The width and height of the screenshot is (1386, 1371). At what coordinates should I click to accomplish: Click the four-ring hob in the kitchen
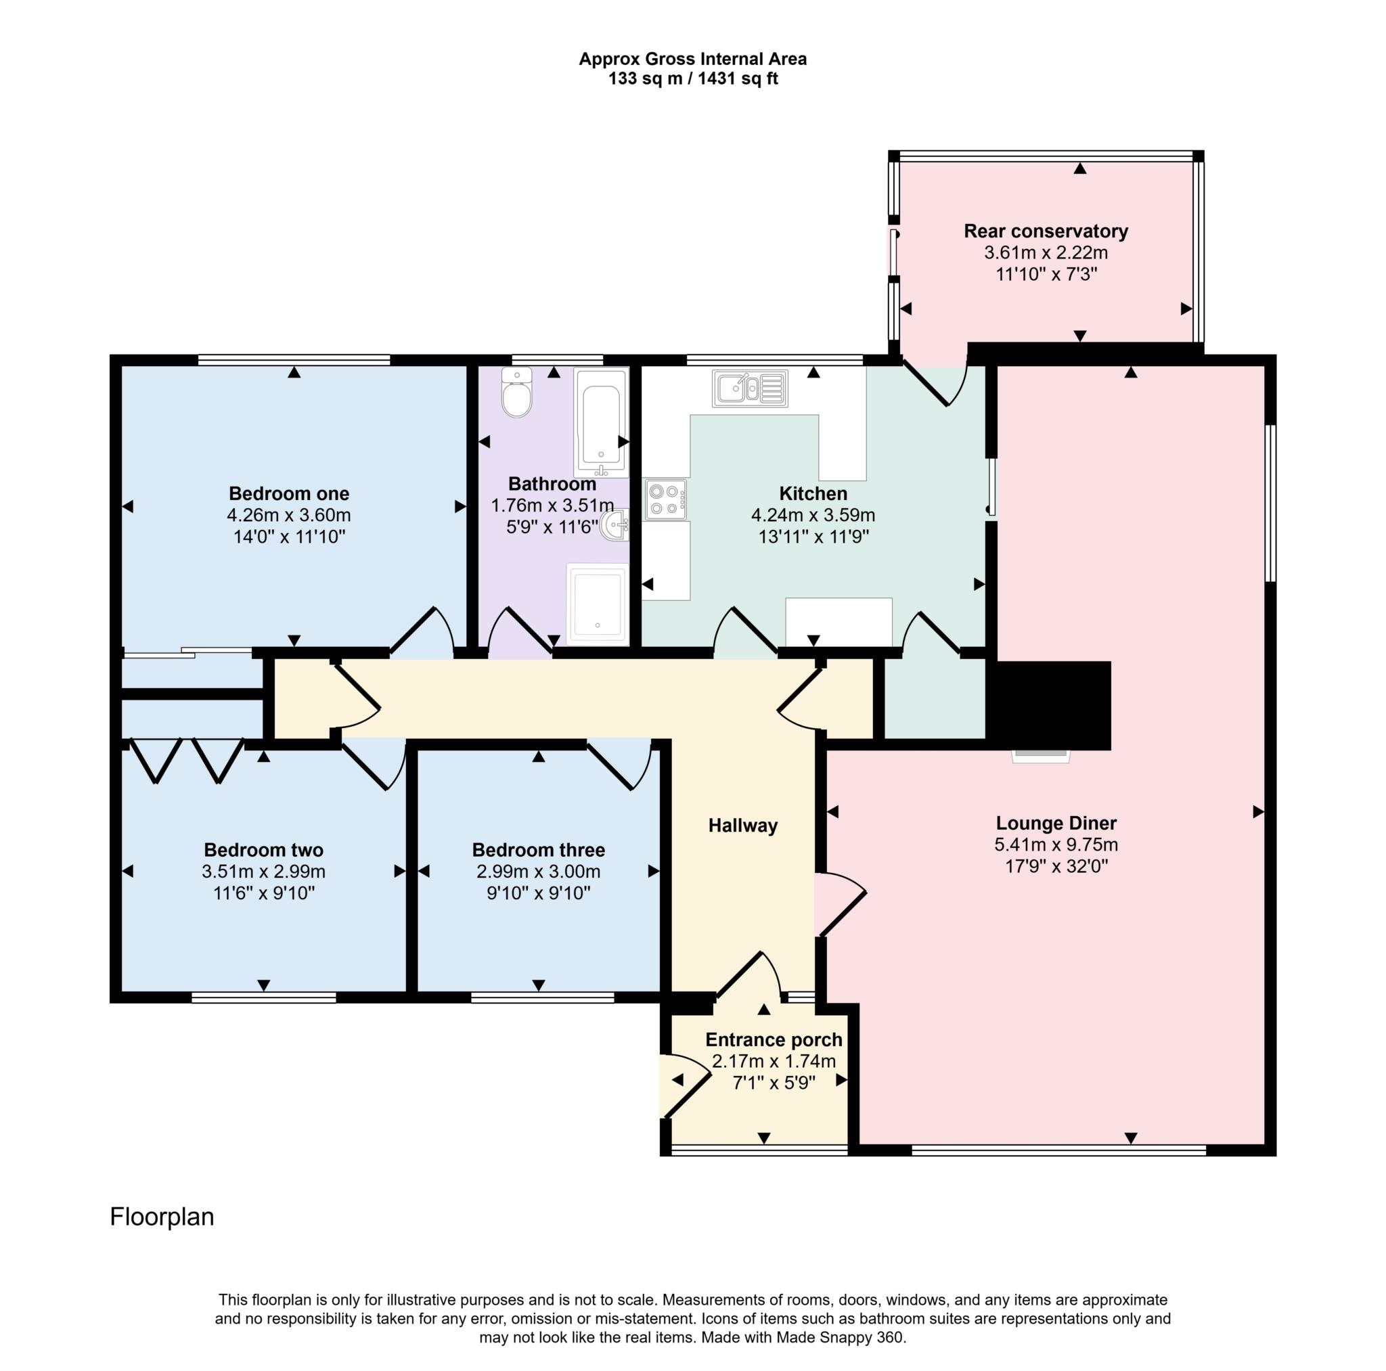(x=665, y=499)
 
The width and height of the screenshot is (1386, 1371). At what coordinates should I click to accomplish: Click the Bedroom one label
(x=288, y=493)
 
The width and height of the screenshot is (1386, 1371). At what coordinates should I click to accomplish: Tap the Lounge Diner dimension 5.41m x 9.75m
(x=1055, y=845)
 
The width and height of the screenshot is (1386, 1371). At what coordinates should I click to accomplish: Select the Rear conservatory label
(x=1045, y=231)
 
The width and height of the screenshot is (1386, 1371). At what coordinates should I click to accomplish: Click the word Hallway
(x=742, y=826)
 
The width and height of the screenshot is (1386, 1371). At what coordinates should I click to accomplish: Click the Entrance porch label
(x=774, y=1039)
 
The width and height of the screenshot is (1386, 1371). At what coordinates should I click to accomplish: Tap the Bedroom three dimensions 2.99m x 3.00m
(x=538, y=872)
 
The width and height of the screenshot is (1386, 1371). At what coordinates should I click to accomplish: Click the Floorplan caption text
(x=162, y=1217)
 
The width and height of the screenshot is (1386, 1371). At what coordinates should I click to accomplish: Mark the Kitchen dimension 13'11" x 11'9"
(x=813, y=537)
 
